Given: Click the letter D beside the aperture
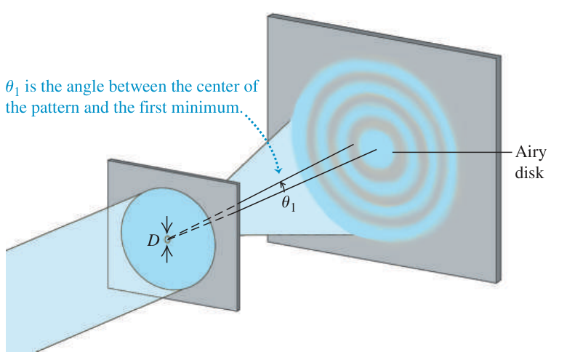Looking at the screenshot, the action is tap(153, 240).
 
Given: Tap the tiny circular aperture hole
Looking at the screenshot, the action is tap(167, 239).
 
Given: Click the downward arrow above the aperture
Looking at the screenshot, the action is tap(166, 225).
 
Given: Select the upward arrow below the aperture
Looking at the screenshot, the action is tap(166, 254).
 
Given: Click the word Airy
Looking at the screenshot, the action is tap(531, 152).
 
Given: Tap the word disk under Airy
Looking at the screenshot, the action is tap(529, 172).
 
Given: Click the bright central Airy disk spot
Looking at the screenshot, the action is tap(375, 149).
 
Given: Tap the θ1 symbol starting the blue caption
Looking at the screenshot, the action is tap(12, 88).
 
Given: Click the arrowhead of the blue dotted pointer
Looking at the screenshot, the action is tap(278, 170).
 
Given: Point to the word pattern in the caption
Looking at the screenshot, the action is tap(55, 108).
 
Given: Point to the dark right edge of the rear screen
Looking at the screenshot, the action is tap(499, 169).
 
